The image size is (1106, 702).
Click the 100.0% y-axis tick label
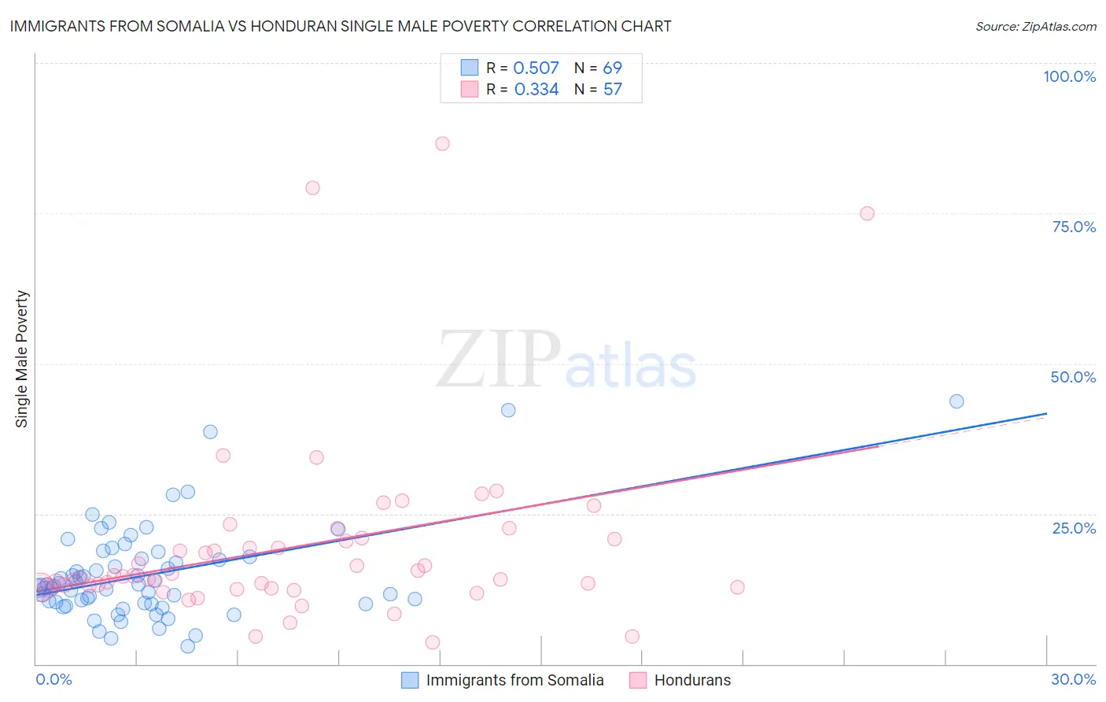click(x=1069, y=76)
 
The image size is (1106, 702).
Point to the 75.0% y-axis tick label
click(x=1074, y=227)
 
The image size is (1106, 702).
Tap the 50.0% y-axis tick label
click(x=1073, y=377)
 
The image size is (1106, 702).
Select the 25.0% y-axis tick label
click(x=1074, y=528)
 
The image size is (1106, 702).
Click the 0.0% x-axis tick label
click(x=53, y=679)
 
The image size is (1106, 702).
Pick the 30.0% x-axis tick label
click(x=1073, y=679)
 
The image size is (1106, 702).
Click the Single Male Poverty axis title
click(x=22, y=359)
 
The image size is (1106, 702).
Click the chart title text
click(x=341, y=26)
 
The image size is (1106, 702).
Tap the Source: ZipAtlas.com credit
click(x=1035, y=26)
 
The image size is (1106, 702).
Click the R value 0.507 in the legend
click(x=536, y=68)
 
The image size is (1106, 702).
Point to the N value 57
click(x=612, y=90)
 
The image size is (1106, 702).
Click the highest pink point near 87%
click(x=442, y=143)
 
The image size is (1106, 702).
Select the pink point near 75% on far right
click(x=867, y=213)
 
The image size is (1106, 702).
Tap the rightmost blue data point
click(x=957, y=401)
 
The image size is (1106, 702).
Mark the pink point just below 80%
click(x=312, y=187)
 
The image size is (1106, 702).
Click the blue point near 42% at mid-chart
click(x=508, y=410)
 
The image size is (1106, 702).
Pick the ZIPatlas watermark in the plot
click(x=566, y=360)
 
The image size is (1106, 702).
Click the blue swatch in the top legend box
click(x=470, y=68)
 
